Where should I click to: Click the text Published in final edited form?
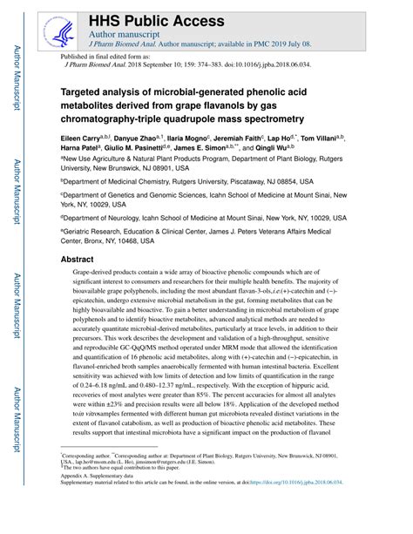pyautogui.click(x=105, y=54)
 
